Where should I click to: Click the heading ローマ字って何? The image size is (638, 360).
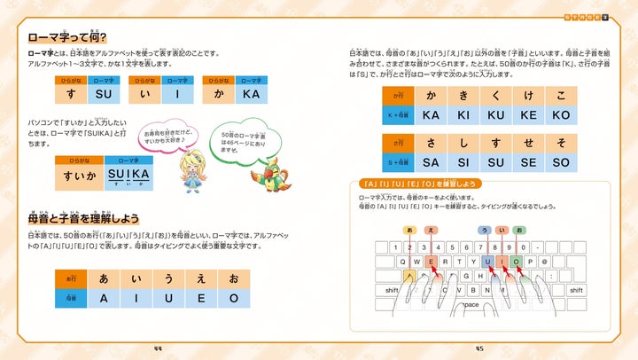[66, 37]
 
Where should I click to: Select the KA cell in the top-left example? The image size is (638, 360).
[250, 93]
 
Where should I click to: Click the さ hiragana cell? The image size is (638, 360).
[431, 143]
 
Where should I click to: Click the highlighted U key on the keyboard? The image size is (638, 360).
[487, 262]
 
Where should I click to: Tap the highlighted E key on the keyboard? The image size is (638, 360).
[432, 262]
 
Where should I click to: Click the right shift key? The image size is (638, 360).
[575, 290]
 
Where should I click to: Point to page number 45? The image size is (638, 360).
[479, 348]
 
